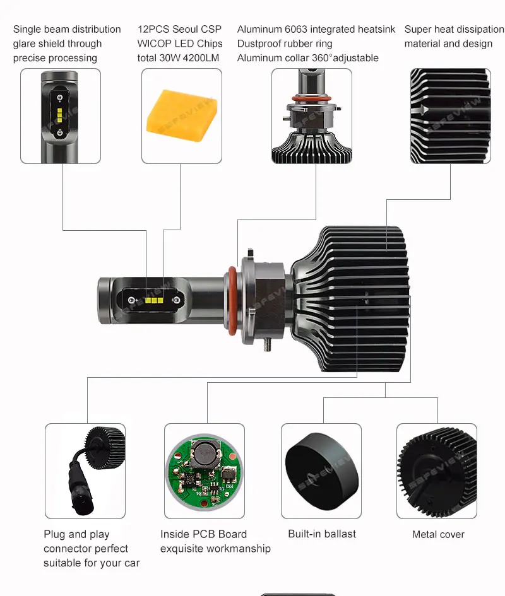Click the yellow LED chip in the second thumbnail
point(182,115)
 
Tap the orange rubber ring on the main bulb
point(232,301)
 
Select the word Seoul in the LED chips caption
point(186,29)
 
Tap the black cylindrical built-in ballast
point(321,470)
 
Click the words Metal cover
point(438,534)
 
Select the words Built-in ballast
point(322,534)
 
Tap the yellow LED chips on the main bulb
point(154,301)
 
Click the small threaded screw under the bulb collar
point(267,344)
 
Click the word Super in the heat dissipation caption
point(417,30)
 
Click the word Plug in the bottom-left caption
point(54,535)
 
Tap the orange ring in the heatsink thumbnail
point(312,99)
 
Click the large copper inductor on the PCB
point(206,453)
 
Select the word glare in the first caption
point(25,44)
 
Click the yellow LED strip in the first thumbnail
point(60,115)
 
